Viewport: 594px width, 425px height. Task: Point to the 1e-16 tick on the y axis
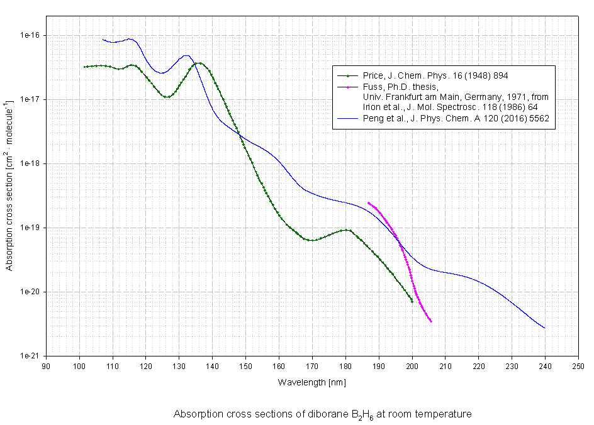pos(30,35)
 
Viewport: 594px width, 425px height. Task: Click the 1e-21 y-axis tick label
pos(30,356)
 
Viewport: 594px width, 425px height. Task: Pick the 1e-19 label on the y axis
pos(30,228)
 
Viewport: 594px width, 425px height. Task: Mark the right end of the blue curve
pos(545,328)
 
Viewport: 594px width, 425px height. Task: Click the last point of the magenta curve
pos(431,322)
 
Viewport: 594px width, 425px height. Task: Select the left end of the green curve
pos(84,67)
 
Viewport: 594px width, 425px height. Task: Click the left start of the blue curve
pos(103,40)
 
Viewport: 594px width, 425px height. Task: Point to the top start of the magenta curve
pos(368,202)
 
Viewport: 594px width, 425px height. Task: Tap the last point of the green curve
pos(412,302)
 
